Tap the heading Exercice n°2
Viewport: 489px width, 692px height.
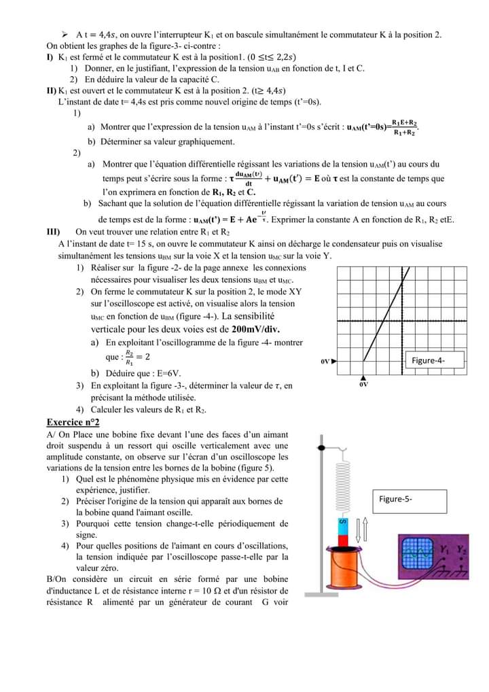73,422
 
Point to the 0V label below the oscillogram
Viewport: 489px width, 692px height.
363,384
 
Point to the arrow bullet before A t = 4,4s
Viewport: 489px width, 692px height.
65,33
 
